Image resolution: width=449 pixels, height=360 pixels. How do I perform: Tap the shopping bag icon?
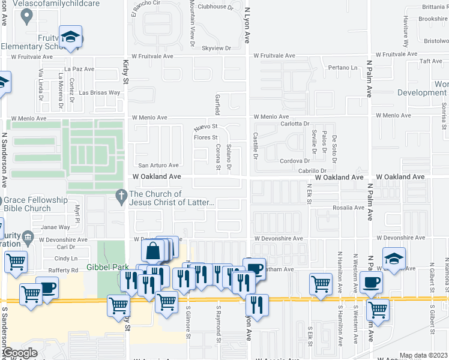[153, 251]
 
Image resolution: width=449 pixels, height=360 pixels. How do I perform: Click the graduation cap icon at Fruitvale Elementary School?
[71, 37]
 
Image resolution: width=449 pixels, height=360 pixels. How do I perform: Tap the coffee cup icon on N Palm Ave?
[370, 282]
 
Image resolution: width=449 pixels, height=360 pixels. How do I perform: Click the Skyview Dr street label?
[217, 47]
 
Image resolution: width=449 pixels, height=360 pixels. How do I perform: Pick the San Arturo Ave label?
[158, 166]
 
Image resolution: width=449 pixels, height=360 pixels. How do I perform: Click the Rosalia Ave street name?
[349, 208]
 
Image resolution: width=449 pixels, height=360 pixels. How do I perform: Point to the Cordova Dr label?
[294, 161]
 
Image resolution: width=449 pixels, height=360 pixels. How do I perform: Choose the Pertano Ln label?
[343, 67]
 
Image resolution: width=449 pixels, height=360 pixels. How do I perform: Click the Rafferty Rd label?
[64, 270]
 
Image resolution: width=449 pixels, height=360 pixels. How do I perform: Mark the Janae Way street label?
[56, 227]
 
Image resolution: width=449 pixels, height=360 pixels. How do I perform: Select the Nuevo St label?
[205, 128]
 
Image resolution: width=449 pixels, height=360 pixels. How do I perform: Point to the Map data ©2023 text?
[423, 355]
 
